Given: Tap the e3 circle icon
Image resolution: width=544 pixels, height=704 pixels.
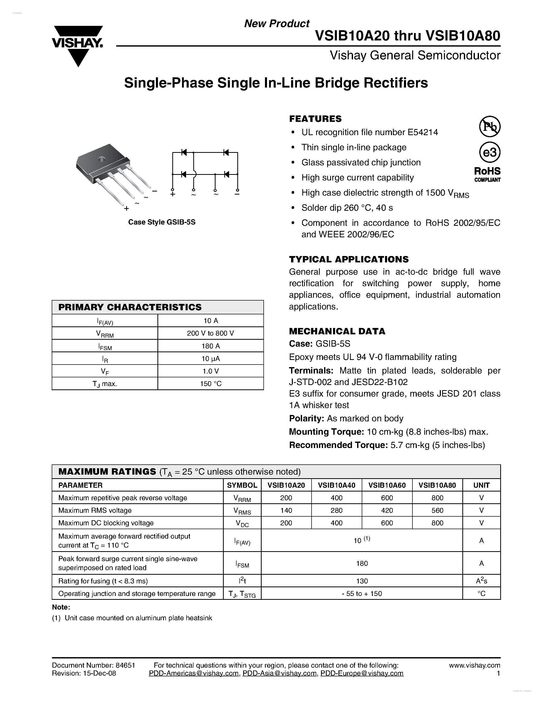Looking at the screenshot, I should click(x=489, y=152).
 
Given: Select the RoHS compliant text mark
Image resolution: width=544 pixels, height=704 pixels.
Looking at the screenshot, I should click(x=487, y=174).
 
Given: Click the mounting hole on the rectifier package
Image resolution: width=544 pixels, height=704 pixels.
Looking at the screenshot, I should click(x=102, y=159).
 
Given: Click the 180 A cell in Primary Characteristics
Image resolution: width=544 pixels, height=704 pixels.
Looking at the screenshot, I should click(x=210, y=346).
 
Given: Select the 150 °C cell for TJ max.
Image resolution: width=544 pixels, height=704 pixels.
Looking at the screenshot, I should click(x=210, y=383).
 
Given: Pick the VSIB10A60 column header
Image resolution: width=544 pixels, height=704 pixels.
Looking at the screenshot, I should click(x=387, y=485).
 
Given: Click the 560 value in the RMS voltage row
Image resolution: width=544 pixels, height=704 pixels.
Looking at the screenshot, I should click(x=437, y=510).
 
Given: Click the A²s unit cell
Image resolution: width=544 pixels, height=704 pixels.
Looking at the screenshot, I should click(x=481, y=581).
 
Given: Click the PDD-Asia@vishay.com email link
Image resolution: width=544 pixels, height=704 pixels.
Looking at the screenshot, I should click(x=279, y=673).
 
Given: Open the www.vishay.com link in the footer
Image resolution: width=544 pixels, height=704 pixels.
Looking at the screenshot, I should click(x=474, y=665).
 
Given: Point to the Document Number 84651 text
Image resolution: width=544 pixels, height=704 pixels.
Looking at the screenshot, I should click(x=93, y=665).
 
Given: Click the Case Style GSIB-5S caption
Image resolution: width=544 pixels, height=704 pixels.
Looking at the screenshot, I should click(x=162, y=222).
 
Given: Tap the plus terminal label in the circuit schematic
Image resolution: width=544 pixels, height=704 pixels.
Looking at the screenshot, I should click(x=173, y=194).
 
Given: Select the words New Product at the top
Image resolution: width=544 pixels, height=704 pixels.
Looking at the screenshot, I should click(x=276, y=24).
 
